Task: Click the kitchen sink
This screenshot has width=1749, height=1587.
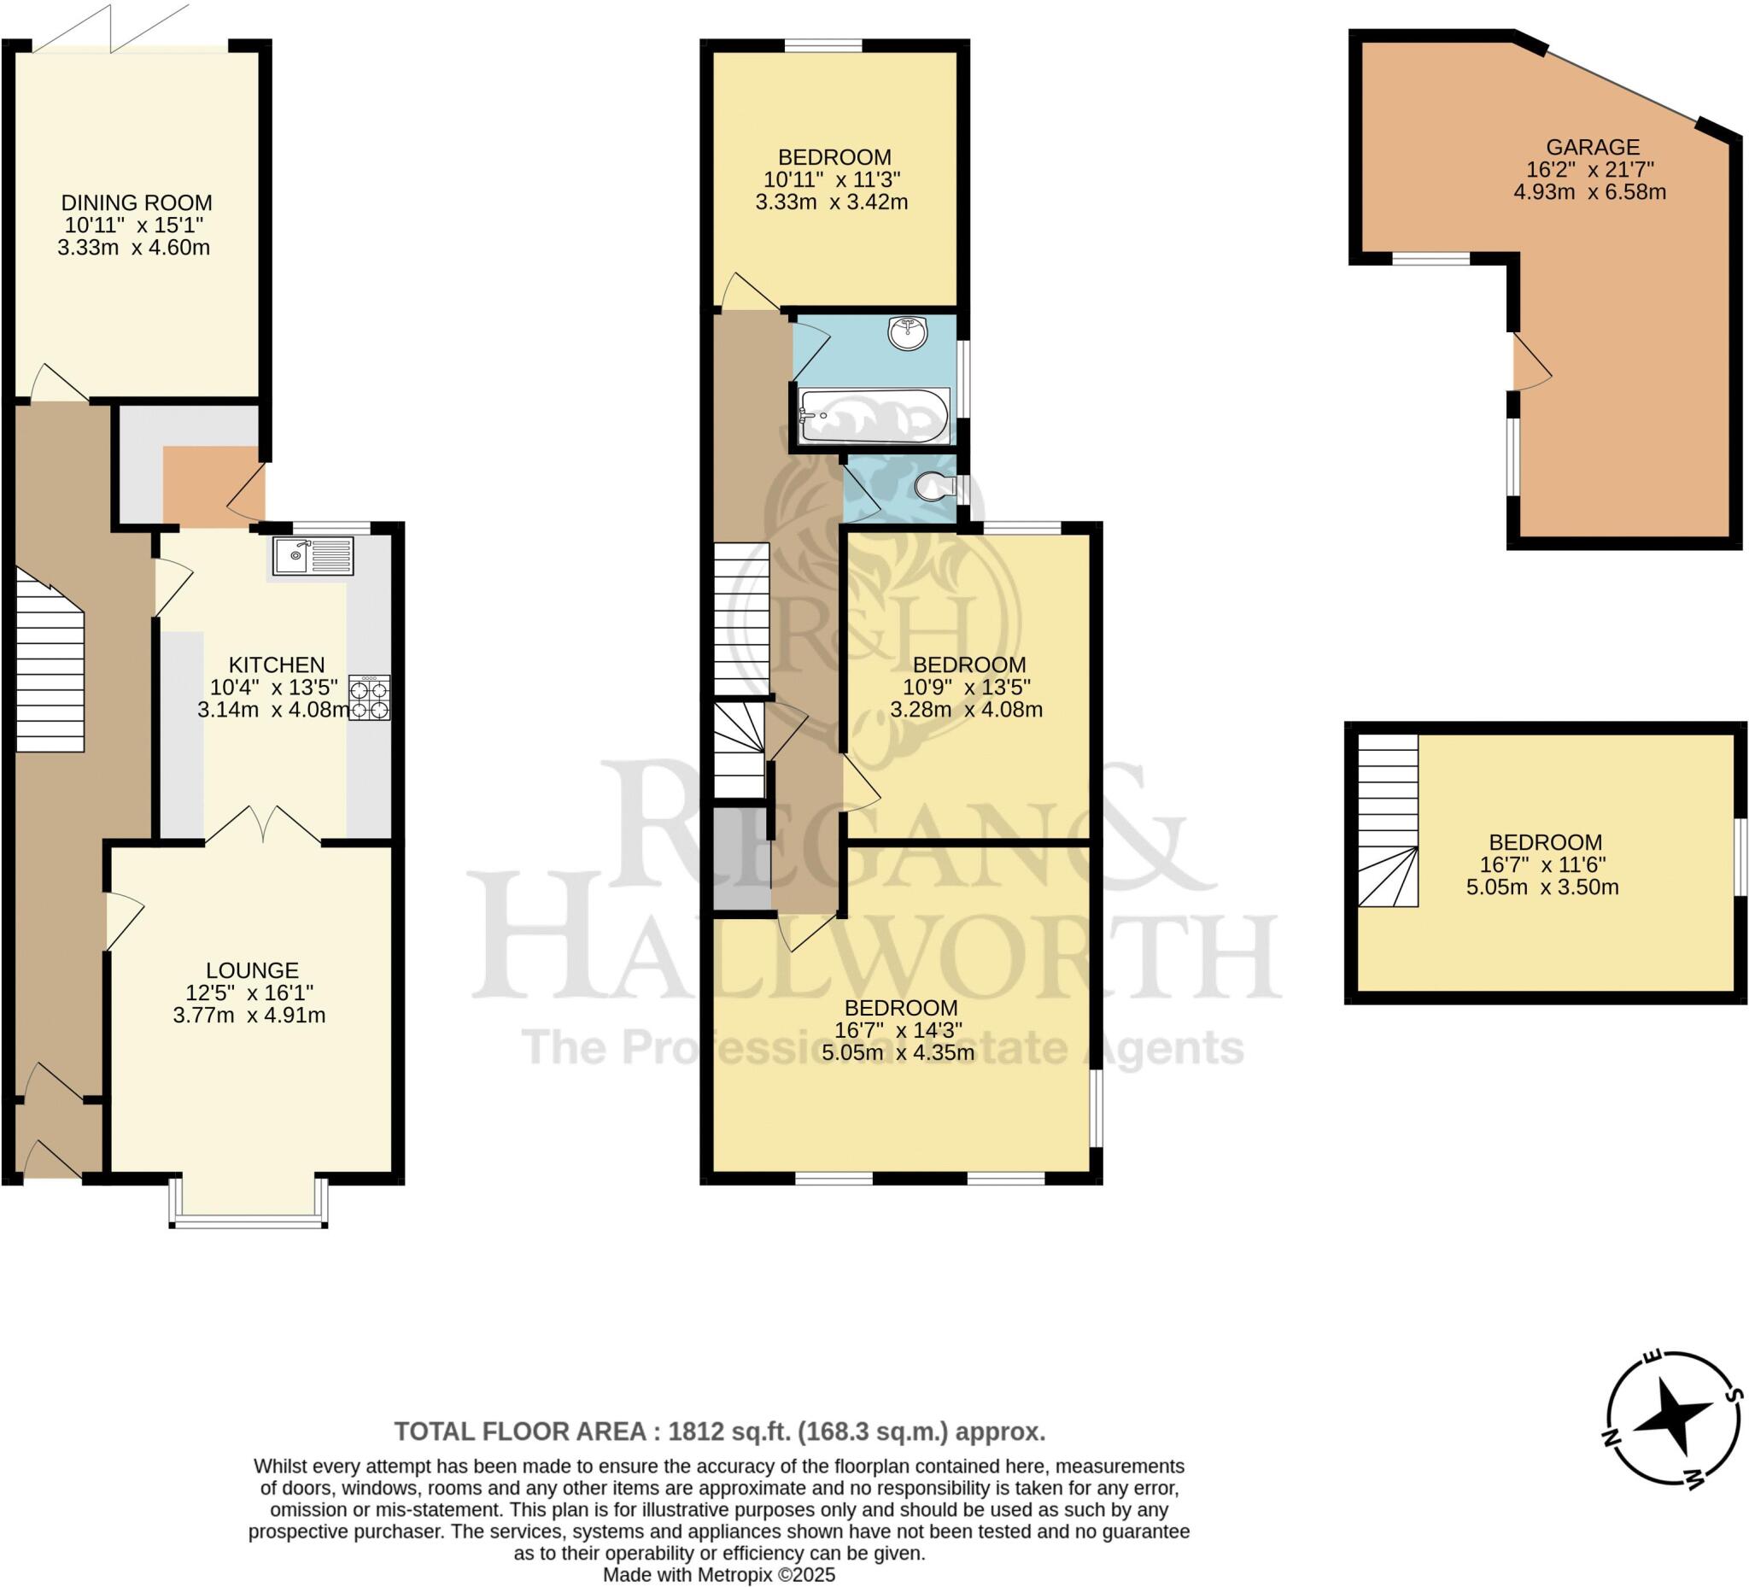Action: (x=313, y=556)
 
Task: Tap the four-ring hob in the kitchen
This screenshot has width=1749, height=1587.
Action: (x=370, y=698)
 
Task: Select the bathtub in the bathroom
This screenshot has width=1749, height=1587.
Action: (x=874, y=416)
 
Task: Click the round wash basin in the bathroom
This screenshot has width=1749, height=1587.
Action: (x=908, y=333)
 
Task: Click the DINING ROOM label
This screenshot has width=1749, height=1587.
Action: (x=136, y=203)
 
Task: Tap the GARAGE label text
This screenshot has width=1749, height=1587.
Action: (x=1593, y=148)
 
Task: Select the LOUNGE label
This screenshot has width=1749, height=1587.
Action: (x=252, y=970)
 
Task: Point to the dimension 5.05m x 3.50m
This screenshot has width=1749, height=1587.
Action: (x=1542, y=887)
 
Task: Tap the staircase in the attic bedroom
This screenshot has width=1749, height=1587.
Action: (x=1387, y=820)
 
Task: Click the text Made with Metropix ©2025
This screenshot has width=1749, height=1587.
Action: (x=718, y=1575)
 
